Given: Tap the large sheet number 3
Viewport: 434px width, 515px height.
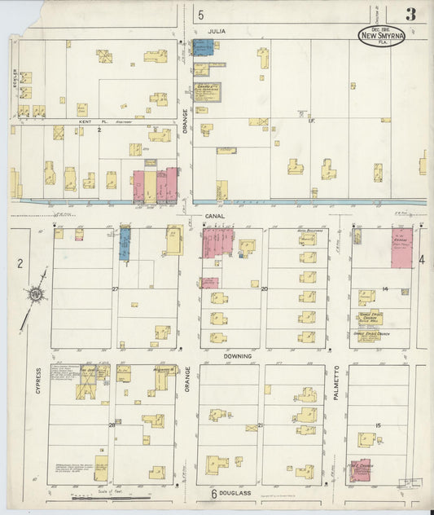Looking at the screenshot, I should tap(412, 14).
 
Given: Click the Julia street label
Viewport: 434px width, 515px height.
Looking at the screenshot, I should tap(216, 30).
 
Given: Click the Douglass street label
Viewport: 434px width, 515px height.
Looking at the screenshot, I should tap(237, 494).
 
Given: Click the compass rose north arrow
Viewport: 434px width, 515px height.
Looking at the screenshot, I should tap(37, 295).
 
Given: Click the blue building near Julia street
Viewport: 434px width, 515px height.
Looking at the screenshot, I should tap(203, 47).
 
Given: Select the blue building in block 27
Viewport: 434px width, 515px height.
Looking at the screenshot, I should tap(125, 244).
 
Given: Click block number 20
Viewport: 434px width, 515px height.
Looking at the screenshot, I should tap(264, 289).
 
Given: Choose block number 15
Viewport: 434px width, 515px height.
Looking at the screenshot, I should tap(378, 425).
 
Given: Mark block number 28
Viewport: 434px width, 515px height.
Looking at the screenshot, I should tap(112, 425).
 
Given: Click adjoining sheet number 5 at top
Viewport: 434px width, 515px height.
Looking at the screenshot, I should tap(200, 14).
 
